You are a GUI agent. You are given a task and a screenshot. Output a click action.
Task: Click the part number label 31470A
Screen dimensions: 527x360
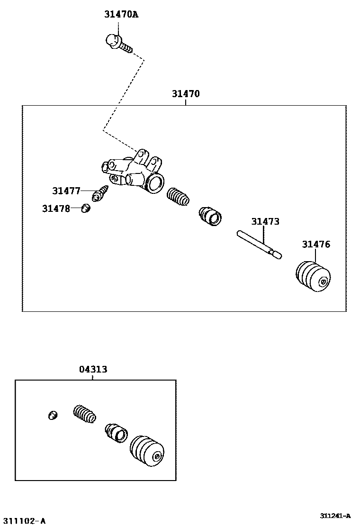coord(121,15)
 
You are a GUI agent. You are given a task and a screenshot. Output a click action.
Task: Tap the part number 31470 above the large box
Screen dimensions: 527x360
coord(185,94)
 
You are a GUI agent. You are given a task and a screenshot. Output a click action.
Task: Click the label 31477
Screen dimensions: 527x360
coord(66,191)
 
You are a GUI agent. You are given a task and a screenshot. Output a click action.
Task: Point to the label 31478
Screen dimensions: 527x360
coord(55,208)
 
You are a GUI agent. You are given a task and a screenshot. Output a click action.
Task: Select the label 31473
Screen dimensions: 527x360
coord(265,221)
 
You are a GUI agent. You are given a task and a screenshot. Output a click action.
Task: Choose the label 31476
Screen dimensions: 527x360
coord(316,245)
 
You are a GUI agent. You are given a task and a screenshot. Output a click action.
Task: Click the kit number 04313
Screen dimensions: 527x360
coord(93,369)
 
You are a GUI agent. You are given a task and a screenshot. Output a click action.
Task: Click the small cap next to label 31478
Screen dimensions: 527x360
coord(86,208)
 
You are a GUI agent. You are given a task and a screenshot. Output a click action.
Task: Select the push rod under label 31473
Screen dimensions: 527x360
coord(259,244)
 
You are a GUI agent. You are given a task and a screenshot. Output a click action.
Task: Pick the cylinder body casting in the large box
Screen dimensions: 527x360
coord(134,172)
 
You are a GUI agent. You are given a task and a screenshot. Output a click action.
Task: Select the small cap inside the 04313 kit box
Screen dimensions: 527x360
coord(53,416)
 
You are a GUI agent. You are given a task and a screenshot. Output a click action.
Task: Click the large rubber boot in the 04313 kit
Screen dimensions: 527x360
coord(147,451)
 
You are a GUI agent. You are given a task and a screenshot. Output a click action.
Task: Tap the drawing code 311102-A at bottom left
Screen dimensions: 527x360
coord(23,521)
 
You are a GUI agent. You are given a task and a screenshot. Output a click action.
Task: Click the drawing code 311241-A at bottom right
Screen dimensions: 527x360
coord(335,516)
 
